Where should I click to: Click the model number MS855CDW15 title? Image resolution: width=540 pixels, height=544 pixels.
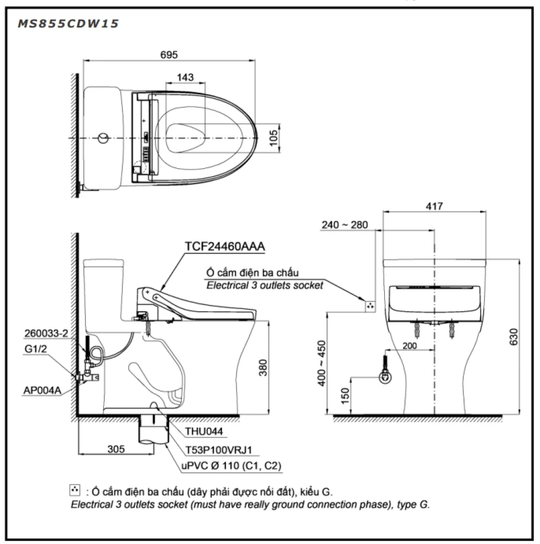pyautogui.click(x=68, y=24)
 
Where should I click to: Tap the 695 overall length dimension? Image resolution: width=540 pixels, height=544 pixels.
pyautogui.click(x=169, y=55)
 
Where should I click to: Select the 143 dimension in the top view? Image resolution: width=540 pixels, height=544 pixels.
pyautogui.click(x=185, y=77)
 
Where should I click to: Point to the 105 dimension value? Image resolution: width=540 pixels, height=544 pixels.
pyautogui.click(x=273, y=138)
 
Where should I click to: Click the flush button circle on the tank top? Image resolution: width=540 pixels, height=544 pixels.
pyautogui.click(x=103, y=138)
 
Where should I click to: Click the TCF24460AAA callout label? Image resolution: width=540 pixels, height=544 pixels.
pyautogui.click(x=225, y=247)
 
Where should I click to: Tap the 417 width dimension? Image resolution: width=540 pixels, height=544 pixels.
pyautogui.click(x=434, y=206)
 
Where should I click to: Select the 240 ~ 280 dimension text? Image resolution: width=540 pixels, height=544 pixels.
pyautogui.click(x=345, y=225)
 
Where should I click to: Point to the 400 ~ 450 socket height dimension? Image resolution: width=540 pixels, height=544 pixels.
pyautogui.click(x=322, y=363)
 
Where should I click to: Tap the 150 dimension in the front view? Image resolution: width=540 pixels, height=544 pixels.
pyautogui.click(x=345, y=396)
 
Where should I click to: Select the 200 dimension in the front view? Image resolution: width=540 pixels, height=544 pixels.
pyautogui.click(x=410, y=346)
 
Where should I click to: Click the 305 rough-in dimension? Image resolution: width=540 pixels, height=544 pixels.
pyautogui.click(x=116, y=449)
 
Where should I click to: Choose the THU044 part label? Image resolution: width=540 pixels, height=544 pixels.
pyautogui.click(x=204, y=432)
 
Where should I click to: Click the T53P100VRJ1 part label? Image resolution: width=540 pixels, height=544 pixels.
pyautogui.click(x=219, y=450)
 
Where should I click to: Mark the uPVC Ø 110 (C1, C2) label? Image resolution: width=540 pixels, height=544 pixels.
pyautogui.click(x=231, y=466)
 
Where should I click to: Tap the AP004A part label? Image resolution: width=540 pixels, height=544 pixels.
pyautogui.click(x=42, y=390)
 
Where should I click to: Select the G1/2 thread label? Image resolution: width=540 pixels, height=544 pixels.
pyautogui.click(x=36, y=349)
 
